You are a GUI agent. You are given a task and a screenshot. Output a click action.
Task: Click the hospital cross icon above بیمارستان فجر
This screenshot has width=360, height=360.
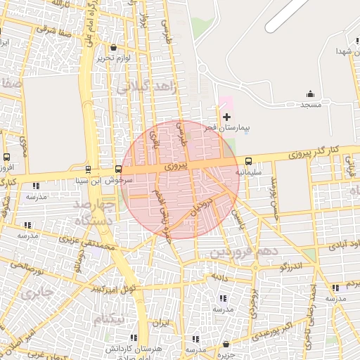pyautogui.click(x=226, y=117)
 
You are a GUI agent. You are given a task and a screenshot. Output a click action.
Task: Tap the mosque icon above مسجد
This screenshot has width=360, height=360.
pyautogui.click(x=310, y=94)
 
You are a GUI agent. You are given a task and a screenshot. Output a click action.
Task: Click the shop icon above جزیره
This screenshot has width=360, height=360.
pyautogui.click(x=226, y=345)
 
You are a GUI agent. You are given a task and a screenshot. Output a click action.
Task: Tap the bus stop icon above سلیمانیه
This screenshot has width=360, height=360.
pyautogui.click(x=248, y=161)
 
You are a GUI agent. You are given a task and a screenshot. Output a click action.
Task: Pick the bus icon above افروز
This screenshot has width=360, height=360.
pyautogui.click(x=6, y=157)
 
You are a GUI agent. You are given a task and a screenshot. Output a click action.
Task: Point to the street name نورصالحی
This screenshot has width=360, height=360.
pyautogui.click(x=27, y=266)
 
